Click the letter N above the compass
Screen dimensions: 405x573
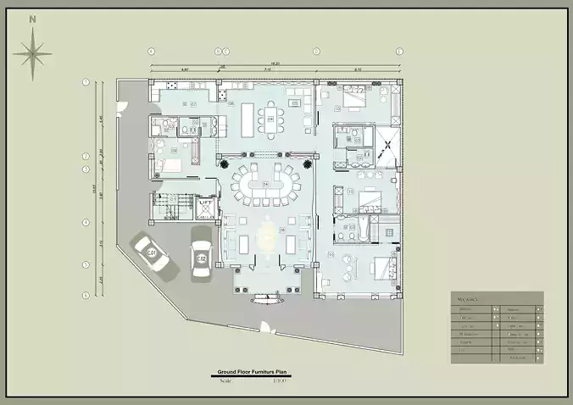32,18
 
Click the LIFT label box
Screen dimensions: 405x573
205,203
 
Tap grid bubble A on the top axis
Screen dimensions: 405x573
151,52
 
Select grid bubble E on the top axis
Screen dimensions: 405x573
400,52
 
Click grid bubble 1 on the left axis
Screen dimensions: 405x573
86,82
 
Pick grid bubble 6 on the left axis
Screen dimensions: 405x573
86,295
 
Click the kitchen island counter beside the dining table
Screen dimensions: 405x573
248,117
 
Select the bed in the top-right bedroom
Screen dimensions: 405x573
354,99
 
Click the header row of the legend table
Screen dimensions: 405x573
497,298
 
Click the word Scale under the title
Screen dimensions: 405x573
225,380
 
